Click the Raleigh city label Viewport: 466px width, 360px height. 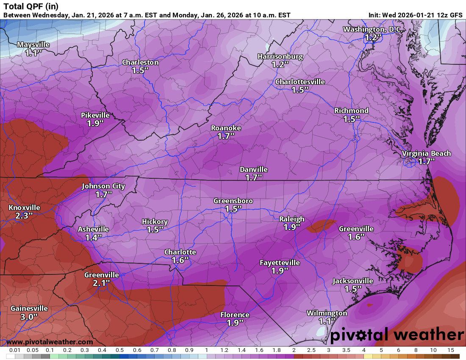tap(291, 219)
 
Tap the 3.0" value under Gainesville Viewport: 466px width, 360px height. tap(29, 316)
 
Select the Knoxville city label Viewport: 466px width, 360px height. tap(24, 208)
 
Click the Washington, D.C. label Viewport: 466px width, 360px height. tap(372, 29)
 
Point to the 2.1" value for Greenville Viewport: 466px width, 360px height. tap(101, 282)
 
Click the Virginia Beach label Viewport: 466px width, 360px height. tap(426, 153)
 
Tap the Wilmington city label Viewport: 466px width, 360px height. tap(327, 313)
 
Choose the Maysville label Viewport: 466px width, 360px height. tap(33, 44)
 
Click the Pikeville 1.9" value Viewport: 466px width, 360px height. tap(95, 123)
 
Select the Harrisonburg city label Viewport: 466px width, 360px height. tap(280, 56)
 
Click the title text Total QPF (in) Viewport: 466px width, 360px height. tap(31, 6)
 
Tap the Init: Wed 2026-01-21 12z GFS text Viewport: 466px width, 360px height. tap(415, 15)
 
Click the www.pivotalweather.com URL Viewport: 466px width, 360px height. tap(50, 342)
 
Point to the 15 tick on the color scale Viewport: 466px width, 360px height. tap(451, 350)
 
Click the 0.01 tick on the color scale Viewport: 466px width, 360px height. tap(15, 350)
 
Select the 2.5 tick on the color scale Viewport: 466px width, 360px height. tap(311, 350)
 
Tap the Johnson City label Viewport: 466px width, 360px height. tap(103, 186)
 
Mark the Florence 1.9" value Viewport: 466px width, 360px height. tap(235, 323)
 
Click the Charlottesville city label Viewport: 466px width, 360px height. tap(300, 82)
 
